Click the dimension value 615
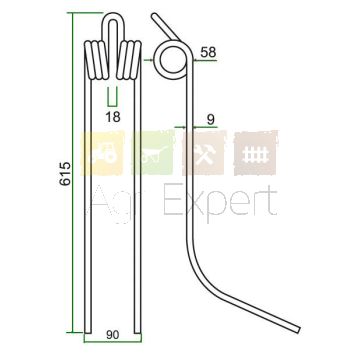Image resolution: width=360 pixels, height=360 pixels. click(65, 174)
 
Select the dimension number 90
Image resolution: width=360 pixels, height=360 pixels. click(113, 335)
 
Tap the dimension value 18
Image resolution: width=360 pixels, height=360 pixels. click(113, 117)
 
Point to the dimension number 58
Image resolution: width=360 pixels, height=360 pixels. click(208, 52)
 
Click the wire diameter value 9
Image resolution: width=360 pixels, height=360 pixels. click(210, 120)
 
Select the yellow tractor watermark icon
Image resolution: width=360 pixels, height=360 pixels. click(103, 153)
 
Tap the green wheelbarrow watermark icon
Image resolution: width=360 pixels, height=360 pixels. click(153, 153)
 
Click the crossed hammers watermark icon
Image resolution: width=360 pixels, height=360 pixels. click(204, 153)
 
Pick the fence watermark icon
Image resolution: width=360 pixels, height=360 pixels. click(256, 153)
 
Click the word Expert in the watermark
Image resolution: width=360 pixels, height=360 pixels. click(220, 202)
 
